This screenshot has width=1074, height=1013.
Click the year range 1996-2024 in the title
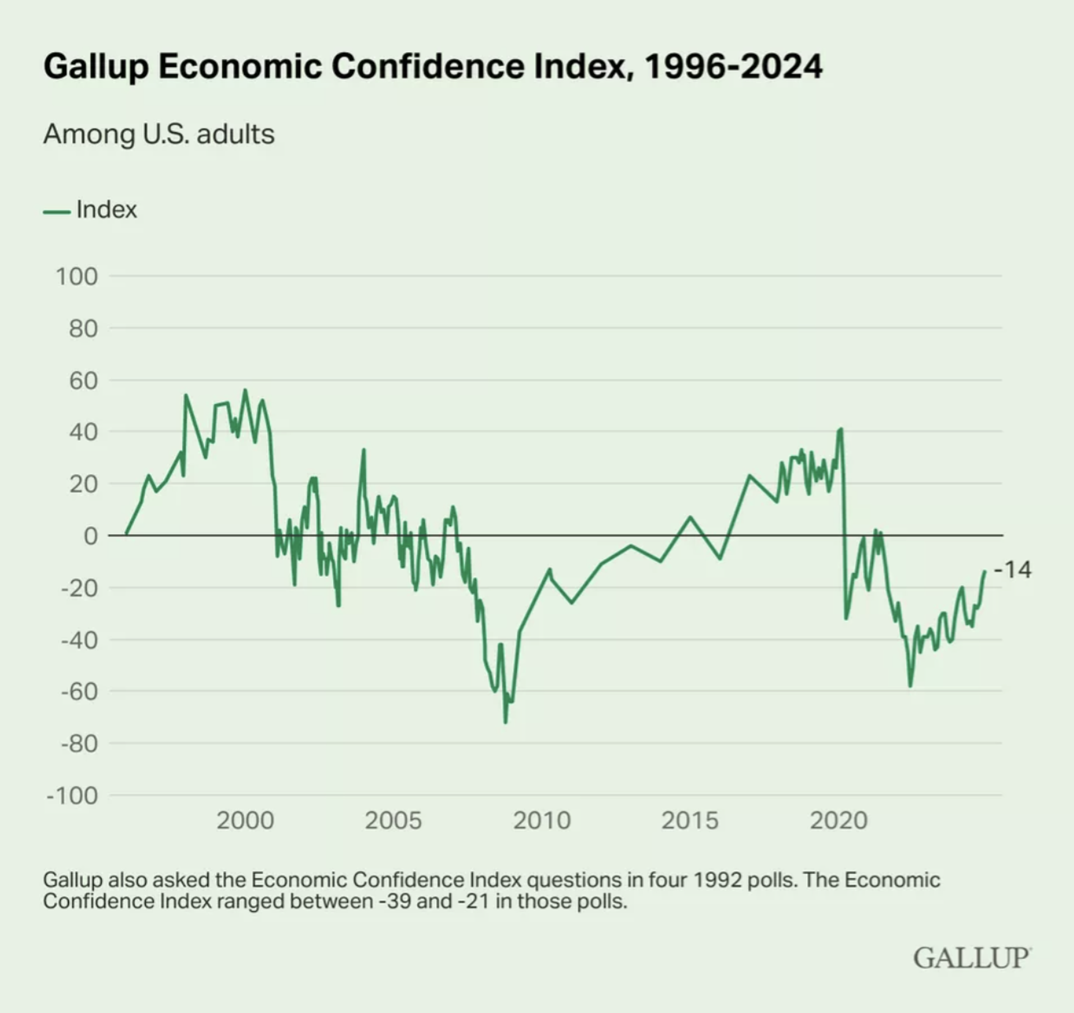click(x=733, y=66)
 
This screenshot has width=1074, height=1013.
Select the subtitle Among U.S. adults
click(x=159, y=134)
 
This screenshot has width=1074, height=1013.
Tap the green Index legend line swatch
click(x=56, y=211)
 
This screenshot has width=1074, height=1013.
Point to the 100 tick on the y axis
click(x=77, y=276)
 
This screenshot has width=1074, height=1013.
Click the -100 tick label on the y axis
click(x=73, y=795)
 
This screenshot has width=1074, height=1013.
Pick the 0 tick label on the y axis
click(x=90, y=536)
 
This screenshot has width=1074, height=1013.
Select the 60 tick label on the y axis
click(x=83, y=380)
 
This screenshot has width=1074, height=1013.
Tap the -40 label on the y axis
click(x=79, y=639)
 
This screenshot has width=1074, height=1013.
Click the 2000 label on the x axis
click(x=245, y=821)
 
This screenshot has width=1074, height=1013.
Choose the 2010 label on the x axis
click(x=541, y=821)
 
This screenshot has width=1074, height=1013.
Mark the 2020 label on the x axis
click(x=839, y=821)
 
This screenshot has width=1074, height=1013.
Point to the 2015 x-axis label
click(x=690, y=821)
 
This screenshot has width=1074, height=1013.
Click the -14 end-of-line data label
click(x=1013, y=570)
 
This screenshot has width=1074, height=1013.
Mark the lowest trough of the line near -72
click(x=506, y=722)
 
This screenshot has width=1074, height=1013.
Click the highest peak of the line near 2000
click(x=245, y=390)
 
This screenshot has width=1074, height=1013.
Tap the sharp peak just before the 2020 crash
click(x=841, y=430)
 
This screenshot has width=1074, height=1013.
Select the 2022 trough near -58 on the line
click(x=910, y=686)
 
